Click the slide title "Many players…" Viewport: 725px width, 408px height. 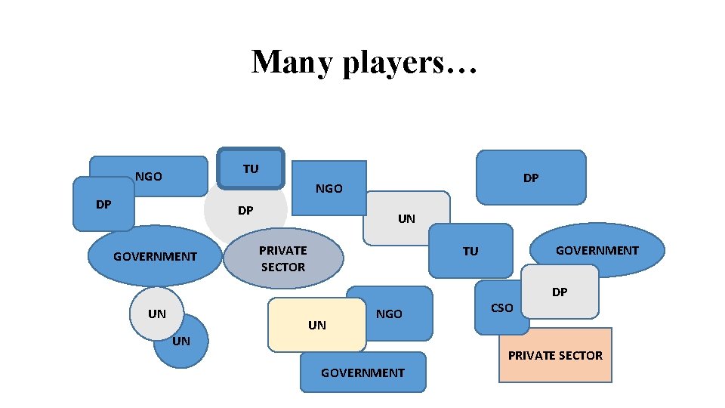[364, 62]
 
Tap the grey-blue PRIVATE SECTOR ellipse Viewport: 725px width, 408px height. [283, 258]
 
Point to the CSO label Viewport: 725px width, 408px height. [501, 308]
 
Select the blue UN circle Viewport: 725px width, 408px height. [182, 349]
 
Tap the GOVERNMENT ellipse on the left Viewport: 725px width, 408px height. [155, 256]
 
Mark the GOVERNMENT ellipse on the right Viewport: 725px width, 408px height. [597, 250]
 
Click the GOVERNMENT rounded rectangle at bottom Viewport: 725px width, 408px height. [362, 372]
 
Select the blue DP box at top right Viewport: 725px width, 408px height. [531, 178]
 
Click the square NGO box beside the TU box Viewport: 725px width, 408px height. [329, 188]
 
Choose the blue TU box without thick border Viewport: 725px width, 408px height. [470, 251]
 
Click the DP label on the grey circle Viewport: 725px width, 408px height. [245, 210]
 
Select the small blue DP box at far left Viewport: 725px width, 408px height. [103, 205]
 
